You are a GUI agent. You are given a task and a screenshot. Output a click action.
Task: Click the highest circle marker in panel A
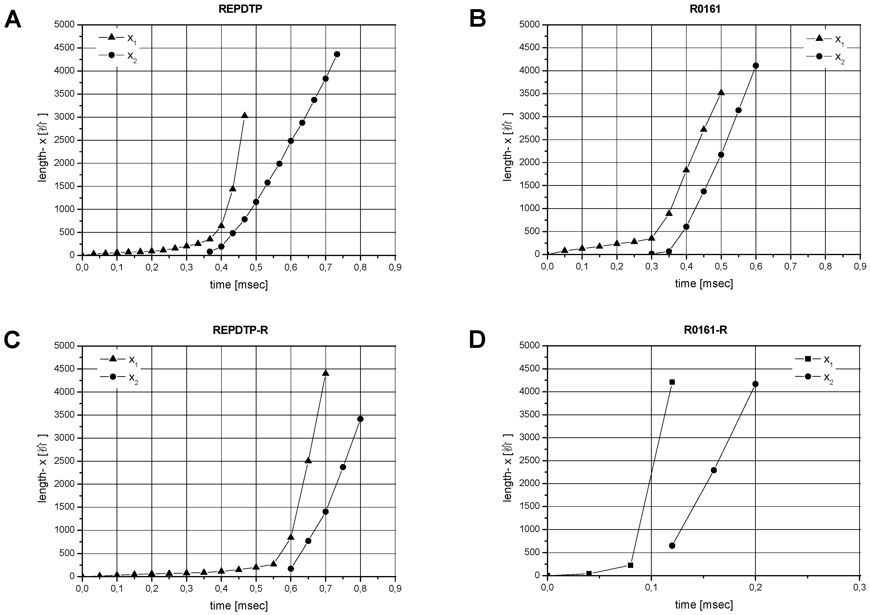click(x=337, y=54)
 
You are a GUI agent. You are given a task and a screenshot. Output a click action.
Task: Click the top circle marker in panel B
click(x=756, y=66)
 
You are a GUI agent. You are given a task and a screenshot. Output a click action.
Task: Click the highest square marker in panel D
click(x=672, y=382)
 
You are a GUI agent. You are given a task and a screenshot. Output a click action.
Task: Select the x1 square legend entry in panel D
click(x=815, y=359)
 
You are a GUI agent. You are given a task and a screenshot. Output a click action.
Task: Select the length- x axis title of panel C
click(x=43, y=468)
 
